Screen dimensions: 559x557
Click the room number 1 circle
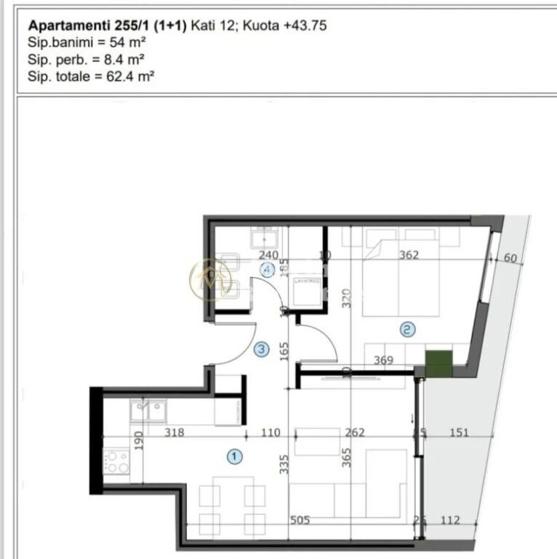click(234, 456)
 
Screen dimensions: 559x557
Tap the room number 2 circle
click(408, 330)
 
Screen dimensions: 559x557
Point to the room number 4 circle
click(268, 269)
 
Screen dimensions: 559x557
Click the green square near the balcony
click(438, 363)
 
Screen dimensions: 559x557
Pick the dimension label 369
click(383, 360)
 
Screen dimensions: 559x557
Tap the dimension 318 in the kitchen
click(174, 432)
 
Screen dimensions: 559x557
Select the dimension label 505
click(300, 520)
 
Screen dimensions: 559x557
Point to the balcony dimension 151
click(459, 432)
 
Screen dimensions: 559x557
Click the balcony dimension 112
click(450, 520)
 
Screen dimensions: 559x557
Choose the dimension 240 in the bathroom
click(268, 255)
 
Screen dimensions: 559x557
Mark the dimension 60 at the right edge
click(510, 258)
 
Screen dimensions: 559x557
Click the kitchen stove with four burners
click(118, 461)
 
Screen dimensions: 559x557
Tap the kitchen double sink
click(148, 411)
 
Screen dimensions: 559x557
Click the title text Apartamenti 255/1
click(107, 25)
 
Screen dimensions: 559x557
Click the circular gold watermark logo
click(211, 279)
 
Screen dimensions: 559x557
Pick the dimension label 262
click(355, 432)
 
